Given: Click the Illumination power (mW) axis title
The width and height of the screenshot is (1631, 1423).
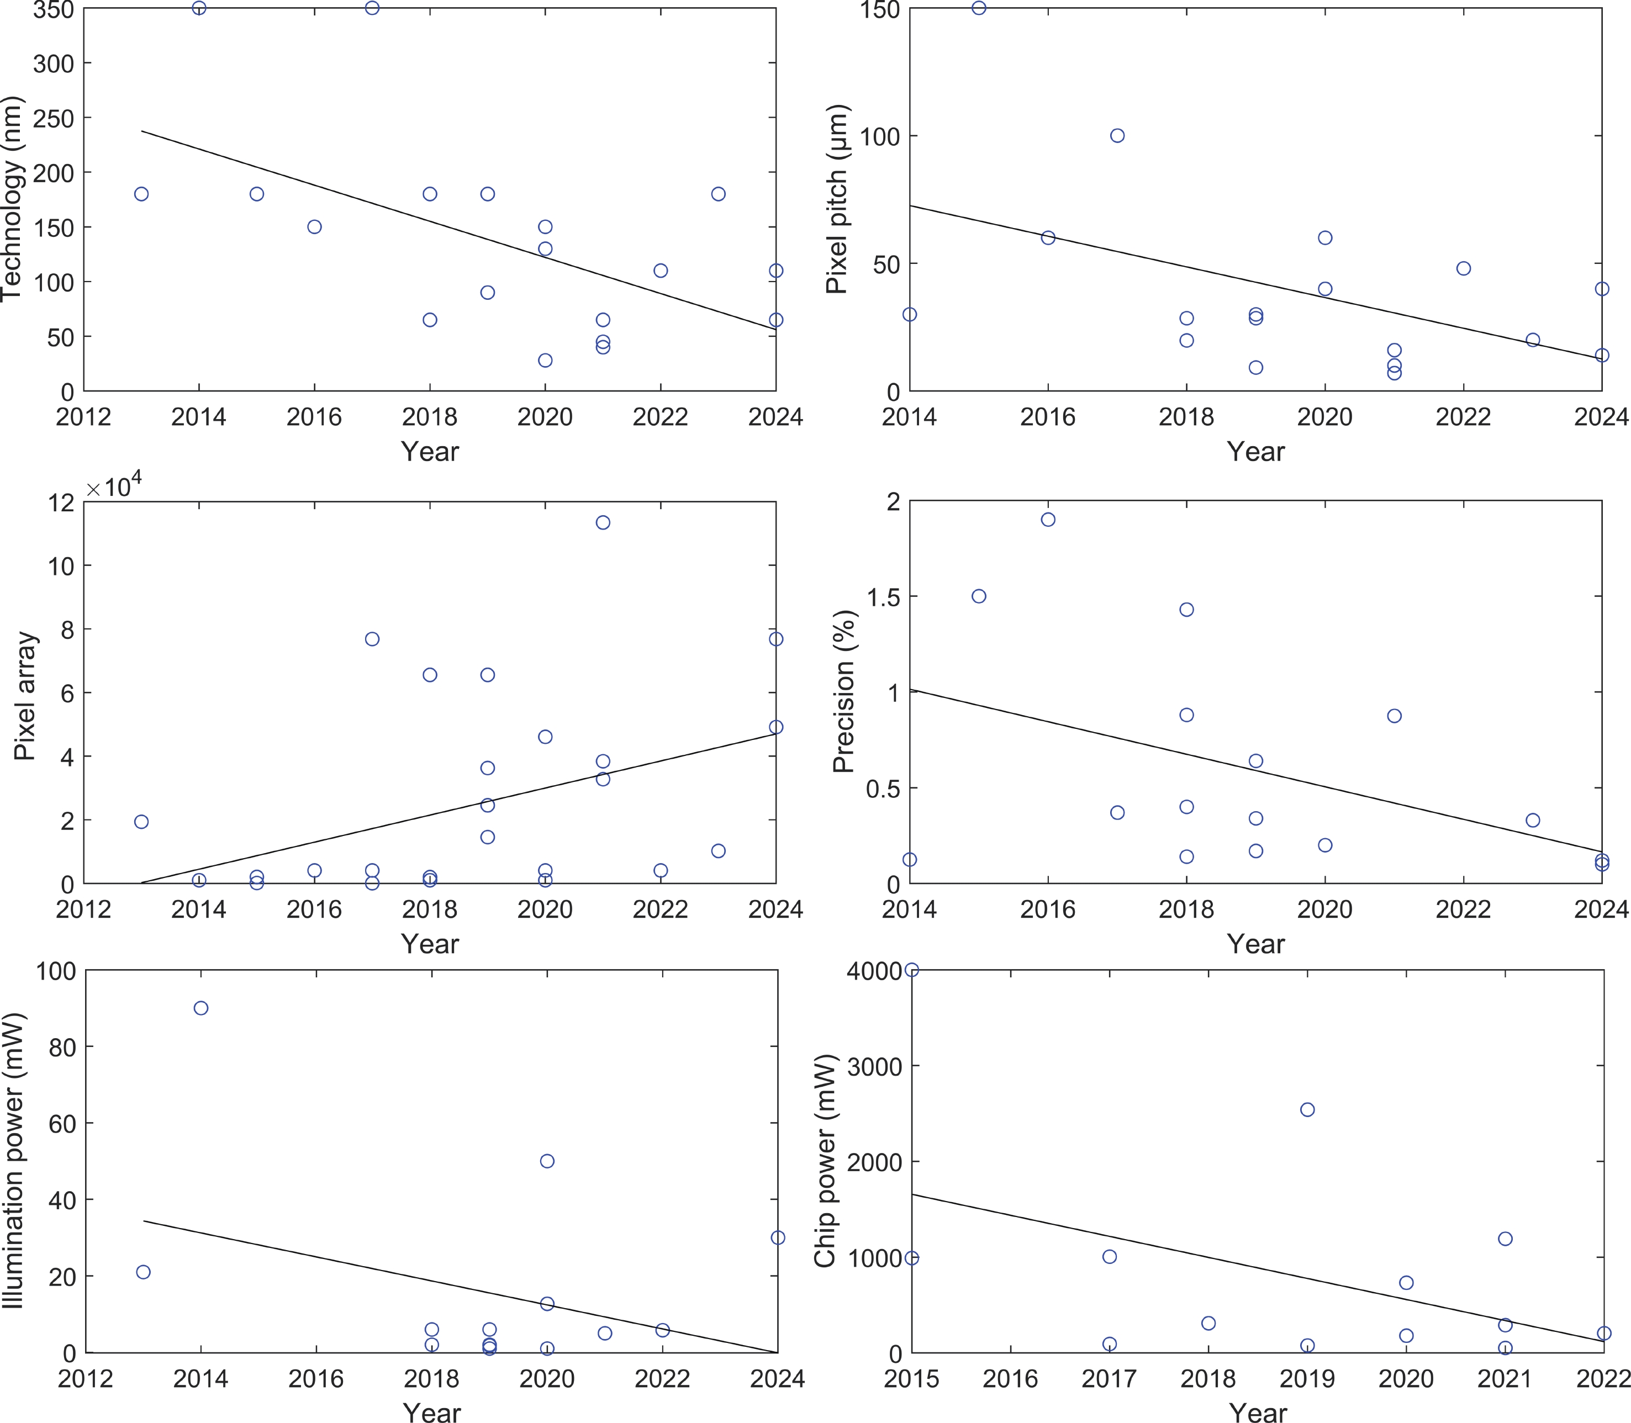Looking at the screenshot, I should (x=13, y=1160).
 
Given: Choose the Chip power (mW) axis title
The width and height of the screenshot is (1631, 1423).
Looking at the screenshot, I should (x=826, y=1160).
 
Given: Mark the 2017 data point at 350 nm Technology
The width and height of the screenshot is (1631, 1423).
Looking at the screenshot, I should (x=372, y=8).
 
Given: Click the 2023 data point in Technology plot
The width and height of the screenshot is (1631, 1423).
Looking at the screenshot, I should (x=718, y=194).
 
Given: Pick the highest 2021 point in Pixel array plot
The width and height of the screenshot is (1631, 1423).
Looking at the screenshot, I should (x=603, y=522).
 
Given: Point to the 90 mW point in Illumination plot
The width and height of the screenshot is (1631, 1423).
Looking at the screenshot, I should (x=201, y=1008).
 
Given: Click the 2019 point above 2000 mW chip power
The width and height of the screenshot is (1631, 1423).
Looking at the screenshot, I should (x=1307, y=1109).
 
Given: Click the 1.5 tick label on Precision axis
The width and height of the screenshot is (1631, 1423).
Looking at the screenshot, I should (x=882, y=596).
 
